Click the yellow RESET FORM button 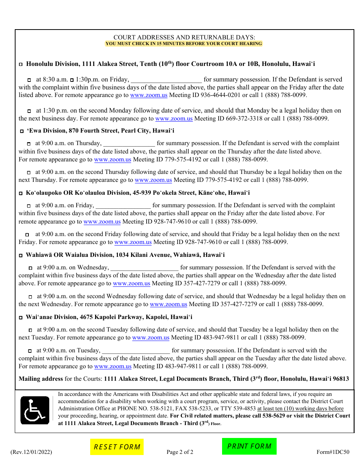(117, 447)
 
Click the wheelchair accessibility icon (35, 410)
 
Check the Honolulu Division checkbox (21, 65)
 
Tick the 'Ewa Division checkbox (22, 131)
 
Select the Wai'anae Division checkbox (21, 317)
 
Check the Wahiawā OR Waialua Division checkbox (21, 256)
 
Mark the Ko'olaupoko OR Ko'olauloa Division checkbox (21, 194)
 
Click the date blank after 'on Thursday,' (129, 144)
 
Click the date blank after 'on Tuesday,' (136, 351)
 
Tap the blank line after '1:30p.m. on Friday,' (166, 80)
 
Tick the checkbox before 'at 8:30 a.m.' (29, 80)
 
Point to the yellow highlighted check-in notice (184, 44)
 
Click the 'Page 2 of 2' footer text (180, 452)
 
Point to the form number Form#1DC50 (333, 452)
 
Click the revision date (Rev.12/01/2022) (31, 452)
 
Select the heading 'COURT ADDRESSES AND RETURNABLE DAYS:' (184, 37)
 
